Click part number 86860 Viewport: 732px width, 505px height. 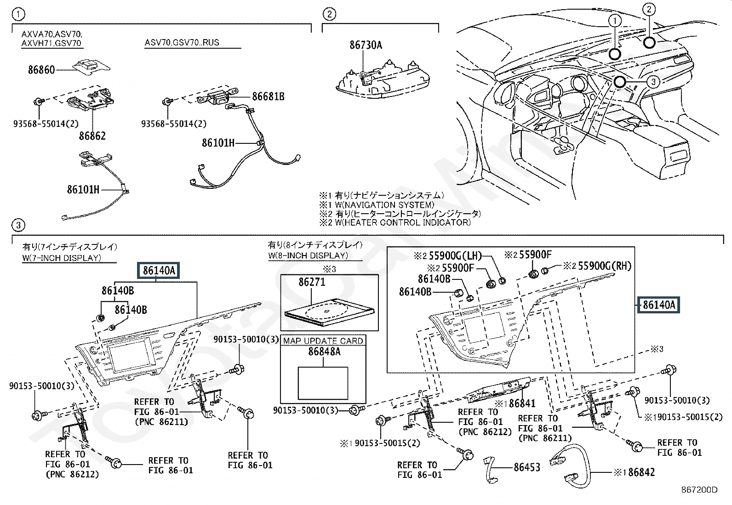[41, 70]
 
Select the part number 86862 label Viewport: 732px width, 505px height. [92, 136]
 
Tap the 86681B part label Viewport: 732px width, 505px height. [268, 96]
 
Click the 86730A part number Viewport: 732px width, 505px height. [366, 45]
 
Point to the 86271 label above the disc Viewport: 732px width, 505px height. [312, 282]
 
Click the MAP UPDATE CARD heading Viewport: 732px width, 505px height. [323, 340]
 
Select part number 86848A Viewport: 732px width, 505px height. [324, 352]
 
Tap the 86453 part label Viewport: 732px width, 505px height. [527, 467]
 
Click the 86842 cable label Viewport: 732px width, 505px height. [641, 472]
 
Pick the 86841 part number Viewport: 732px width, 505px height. [522, 404]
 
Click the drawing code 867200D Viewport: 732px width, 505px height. [700, 490]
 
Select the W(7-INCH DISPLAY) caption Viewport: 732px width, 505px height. [62, 258]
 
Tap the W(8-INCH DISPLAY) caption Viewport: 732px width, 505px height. [308, 255]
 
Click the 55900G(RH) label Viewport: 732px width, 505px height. [604, 266]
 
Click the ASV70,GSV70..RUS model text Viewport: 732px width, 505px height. [182, 43]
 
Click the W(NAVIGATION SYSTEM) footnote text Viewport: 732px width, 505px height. [382, 205]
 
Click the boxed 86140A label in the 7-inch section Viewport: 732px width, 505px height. [159, 271]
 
